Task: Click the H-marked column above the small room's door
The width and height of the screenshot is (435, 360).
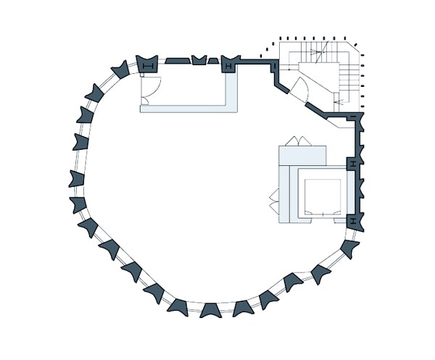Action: coord(148,65)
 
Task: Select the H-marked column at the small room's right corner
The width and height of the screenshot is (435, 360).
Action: coord(229,65)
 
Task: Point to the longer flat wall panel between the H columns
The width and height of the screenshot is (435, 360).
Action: coord(176,61)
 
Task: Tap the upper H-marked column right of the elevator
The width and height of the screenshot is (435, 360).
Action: coord(352,164)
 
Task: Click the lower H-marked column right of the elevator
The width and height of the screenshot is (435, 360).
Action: coord(352,219)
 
